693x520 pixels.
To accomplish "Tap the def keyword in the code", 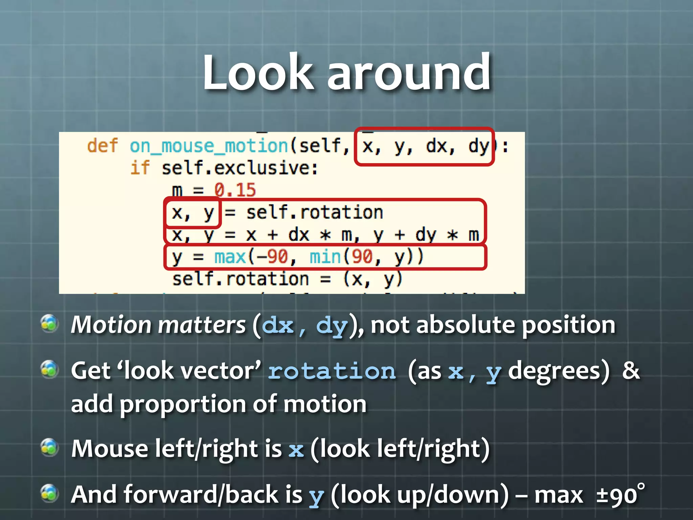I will pos(103,146).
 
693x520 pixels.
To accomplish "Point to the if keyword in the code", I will pos(140,168).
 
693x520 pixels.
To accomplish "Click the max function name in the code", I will pos(230,257).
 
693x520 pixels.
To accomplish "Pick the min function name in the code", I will pos(325,257).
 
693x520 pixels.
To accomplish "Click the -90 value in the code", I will pos(272,257).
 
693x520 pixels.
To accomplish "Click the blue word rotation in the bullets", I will pos(332,371).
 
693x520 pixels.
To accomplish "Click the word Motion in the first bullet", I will pos(111,325).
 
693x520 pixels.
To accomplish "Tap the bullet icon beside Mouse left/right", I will pos(49,447).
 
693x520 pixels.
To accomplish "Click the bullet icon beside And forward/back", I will pos(49,493).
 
